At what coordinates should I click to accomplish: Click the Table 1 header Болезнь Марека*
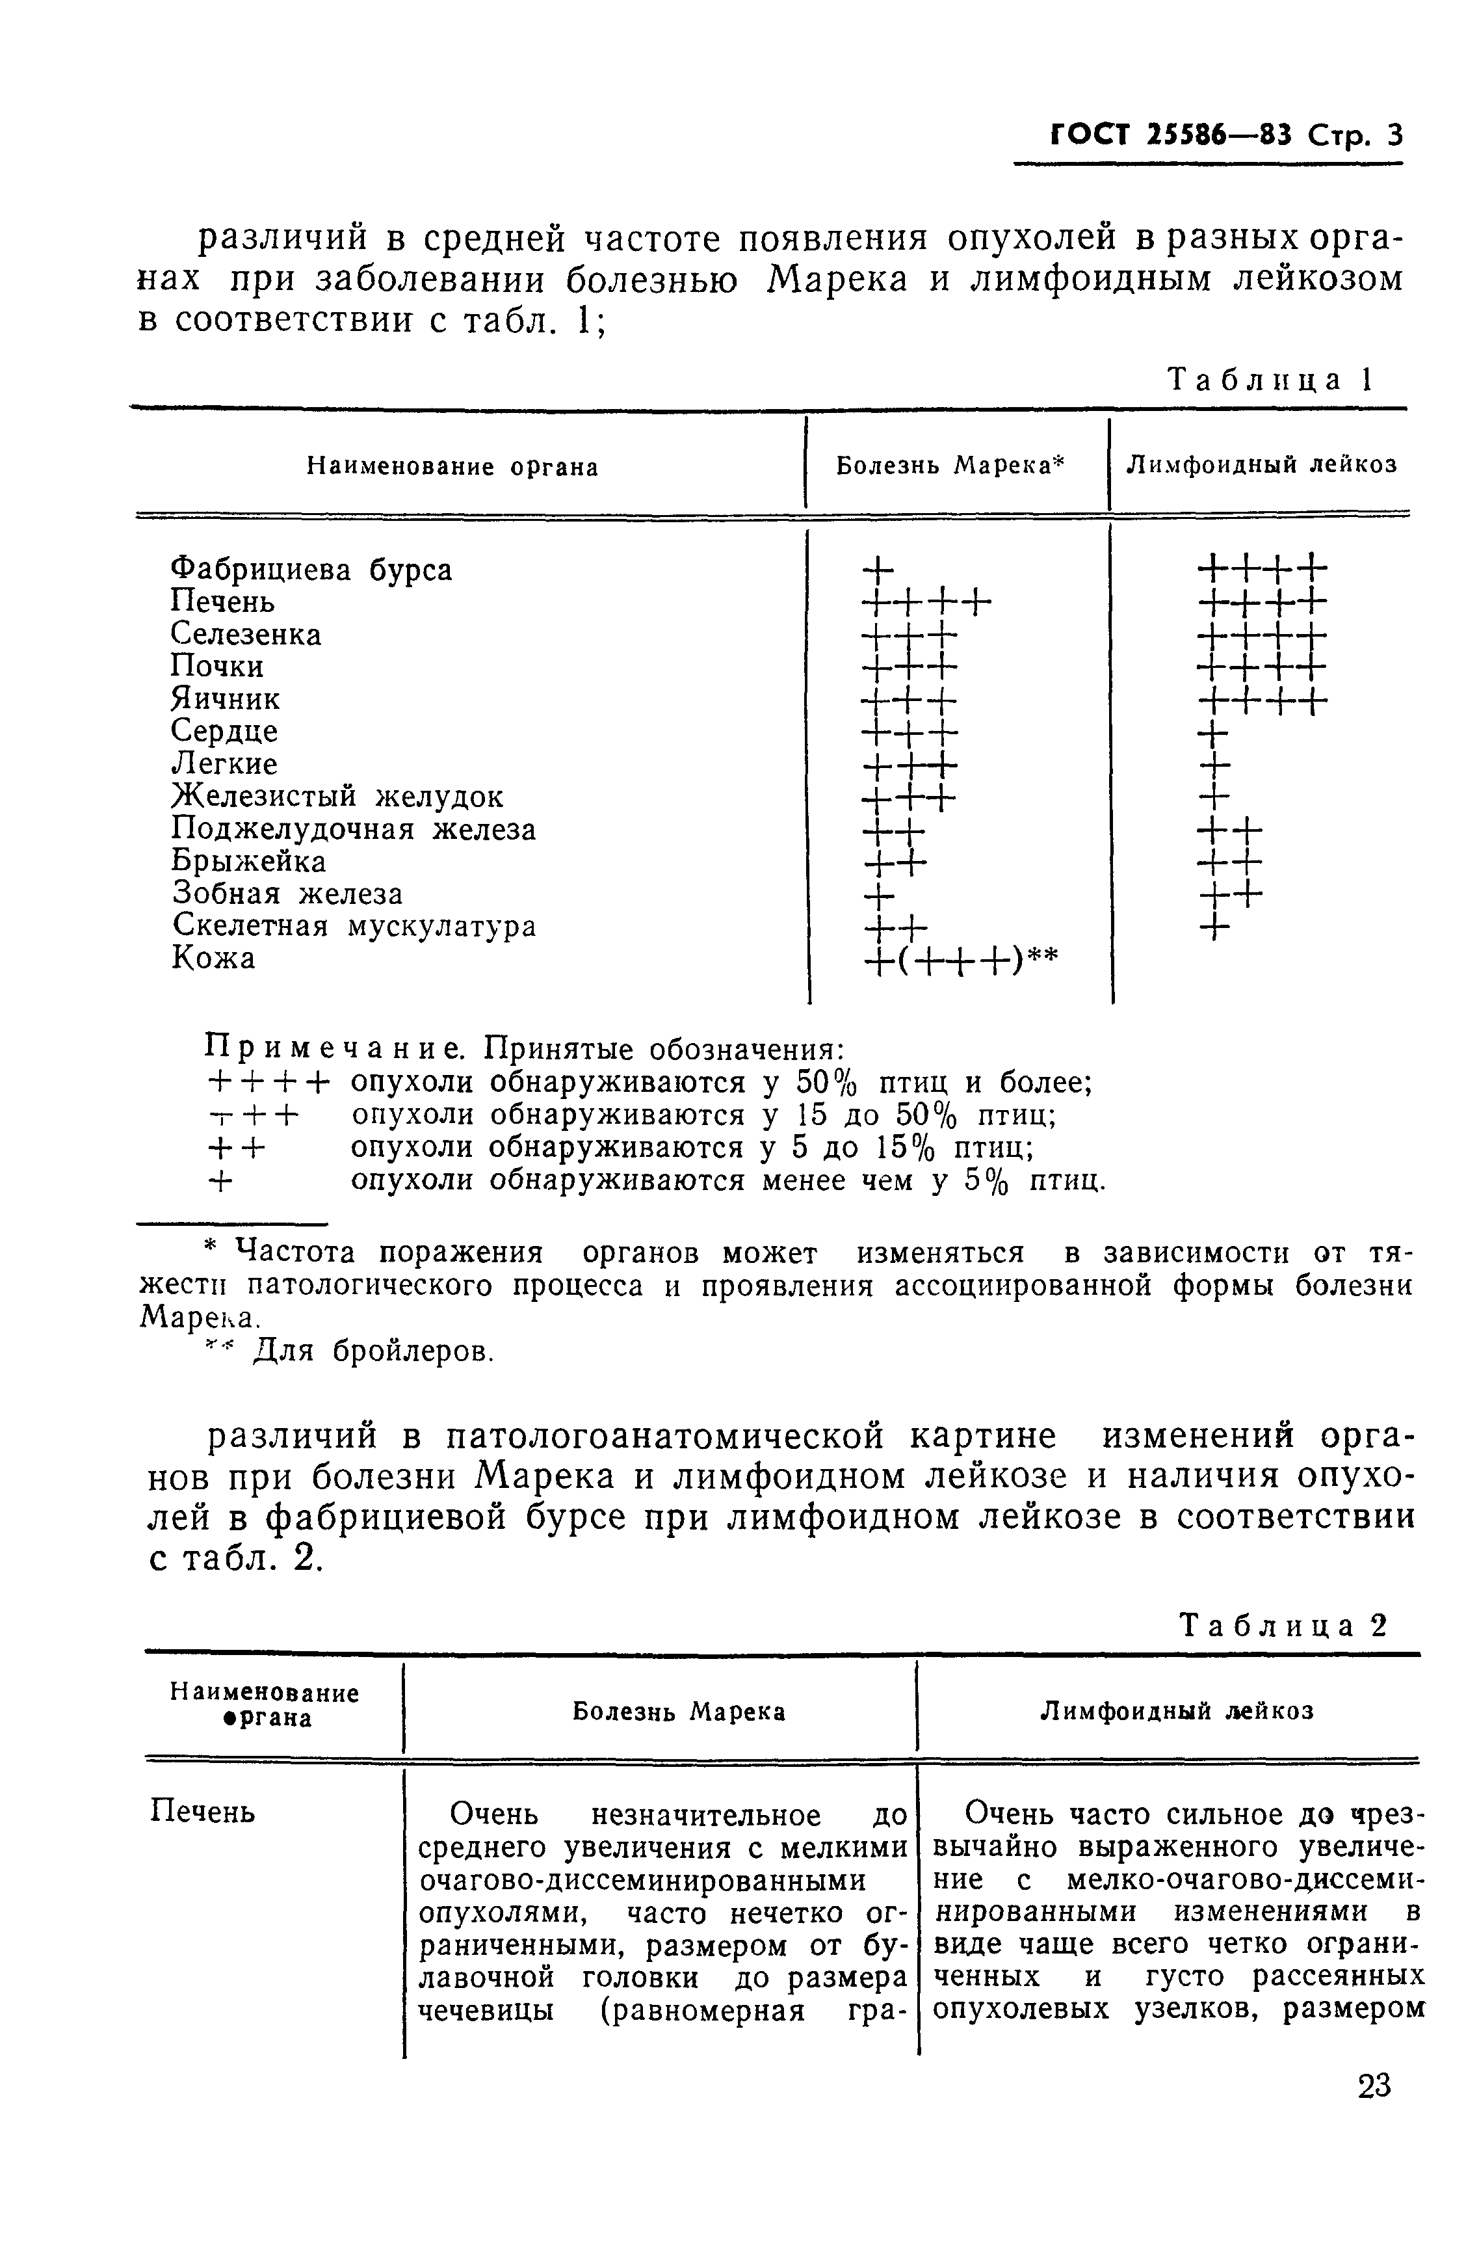(x=950, y=465)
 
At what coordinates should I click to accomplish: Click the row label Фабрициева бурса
(x=311, y=570)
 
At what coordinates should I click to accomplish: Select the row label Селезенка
(x=246, y=634)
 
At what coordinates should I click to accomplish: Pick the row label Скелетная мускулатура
(x=353, y=926)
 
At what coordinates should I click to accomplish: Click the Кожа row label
(x=213, y=958)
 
